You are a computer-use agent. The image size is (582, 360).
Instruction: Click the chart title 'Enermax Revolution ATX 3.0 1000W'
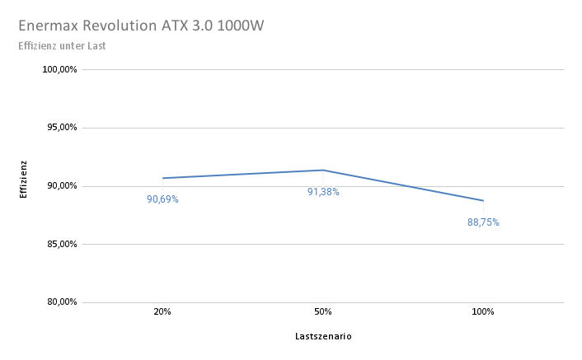[x=140, y=26]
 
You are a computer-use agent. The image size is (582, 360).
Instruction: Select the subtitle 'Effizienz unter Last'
[x=62, y=45]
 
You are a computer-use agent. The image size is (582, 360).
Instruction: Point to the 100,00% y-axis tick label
[x=59, y=70]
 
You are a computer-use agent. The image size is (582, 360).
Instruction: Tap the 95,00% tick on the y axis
[x=60, y=128]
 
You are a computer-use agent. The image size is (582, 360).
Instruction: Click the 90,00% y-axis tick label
[x=60, y=186]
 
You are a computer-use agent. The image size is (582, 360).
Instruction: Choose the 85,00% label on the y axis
[x=60, y=244]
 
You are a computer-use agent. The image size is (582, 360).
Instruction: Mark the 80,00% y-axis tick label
[x=60, y=302]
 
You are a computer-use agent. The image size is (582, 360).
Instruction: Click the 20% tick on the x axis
[x=162, y=312]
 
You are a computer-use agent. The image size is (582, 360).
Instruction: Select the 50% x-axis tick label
[x=323, y=312]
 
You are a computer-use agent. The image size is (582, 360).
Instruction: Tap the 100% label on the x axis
[x=483, y=312]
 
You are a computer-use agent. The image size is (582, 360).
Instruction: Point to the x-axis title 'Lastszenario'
[x=323, y=336]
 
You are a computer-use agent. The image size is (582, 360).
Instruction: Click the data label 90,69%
[x=162, y=199]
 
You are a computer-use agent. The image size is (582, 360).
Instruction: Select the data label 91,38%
[x=323, y=192]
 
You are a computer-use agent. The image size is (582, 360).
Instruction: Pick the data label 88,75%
[x=483, y=222]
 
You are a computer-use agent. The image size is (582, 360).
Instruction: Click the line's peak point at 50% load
[x=323, y=171]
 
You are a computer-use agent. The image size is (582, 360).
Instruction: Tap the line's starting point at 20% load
[x=163, y=178]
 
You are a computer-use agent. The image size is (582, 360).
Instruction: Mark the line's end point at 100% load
[x=483, y=200]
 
